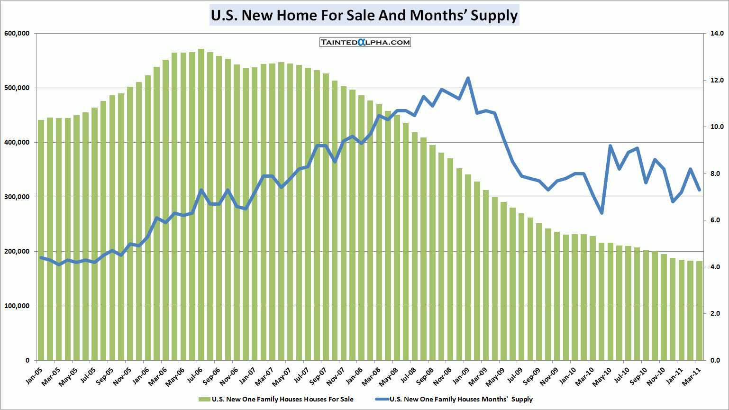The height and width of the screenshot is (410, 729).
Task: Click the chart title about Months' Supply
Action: (x=364, y=15)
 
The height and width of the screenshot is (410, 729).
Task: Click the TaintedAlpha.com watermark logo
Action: (x=365, y=42)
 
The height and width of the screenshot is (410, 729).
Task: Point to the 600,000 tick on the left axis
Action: (x=17, y=34)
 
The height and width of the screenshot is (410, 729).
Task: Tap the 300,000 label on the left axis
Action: (x=17, y=197)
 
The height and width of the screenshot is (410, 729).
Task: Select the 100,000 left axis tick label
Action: (x=17, y=306)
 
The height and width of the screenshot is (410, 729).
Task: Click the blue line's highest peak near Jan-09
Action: (x=468, y=78)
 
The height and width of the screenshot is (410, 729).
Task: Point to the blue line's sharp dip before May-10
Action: (x=601, y=213)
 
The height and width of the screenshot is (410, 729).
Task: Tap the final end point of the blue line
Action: (x=699, y=190)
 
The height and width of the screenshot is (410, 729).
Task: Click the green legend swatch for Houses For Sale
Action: (x=204, y=400)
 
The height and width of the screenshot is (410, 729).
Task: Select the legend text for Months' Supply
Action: (x=461, y=400)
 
